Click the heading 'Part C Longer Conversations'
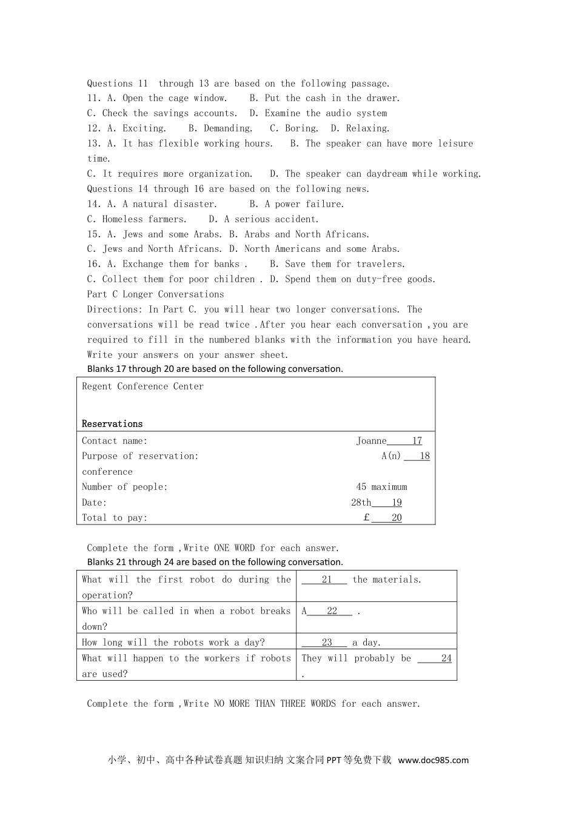[155, 294]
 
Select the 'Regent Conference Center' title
[142, 386]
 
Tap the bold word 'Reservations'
[112, 424]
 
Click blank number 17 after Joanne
[417, 441]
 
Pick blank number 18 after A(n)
[424, 456]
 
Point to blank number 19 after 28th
[396, 503]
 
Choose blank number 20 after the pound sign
[396, 518]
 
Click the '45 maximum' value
[381, 487]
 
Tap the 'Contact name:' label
[115, 441]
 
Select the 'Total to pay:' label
[115, 518]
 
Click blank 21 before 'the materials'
[326, 580]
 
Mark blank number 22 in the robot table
[332, 611]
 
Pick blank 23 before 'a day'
[327, 643]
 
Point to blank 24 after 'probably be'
[446, 658]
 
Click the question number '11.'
[94, 98]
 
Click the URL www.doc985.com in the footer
[433, 760]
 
